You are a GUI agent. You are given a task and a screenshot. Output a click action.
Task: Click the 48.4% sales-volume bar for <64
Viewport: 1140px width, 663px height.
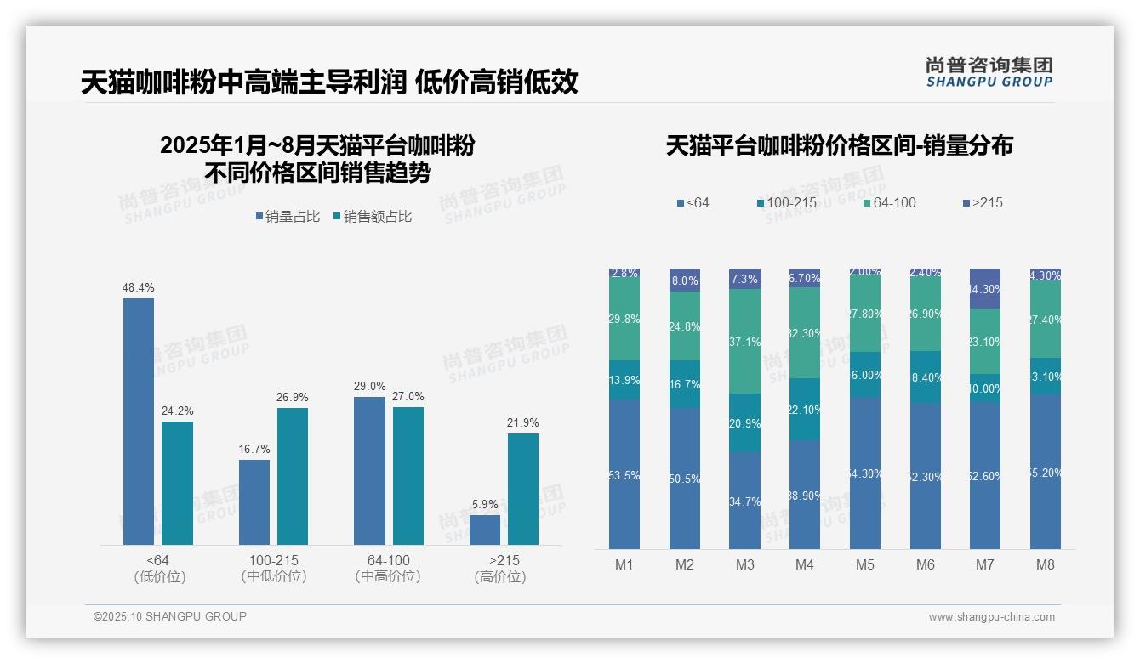[x=139, y=421]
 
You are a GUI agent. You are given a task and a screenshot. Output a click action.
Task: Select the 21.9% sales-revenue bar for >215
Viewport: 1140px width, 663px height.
[x=523, y=489]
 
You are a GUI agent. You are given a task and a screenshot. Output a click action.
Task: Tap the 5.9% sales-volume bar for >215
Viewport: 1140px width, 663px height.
[x=485, y=530]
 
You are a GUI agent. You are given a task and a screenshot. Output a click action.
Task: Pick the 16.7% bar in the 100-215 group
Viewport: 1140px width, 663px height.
[x=254, y=501]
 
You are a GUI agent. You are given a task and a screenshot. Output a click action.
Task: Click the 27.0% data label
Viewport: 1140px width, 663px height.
[x=408, y=397]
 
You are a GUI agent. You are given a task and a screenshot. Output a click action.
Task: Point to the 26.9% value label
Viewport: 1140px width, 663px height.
[x=293, y=398]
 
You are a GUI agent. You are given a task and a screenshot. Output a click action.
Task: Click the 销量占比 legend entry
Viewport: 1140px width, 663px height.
[x=288, y=217]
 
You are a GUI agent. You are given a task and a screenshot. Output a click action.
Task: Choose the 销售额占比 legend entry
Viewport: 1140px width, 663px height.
[x=373, y=217]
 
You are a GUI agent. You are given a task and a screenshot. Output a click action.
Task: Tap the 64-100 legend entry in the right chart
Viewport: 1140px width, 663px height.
[x=889, y=202]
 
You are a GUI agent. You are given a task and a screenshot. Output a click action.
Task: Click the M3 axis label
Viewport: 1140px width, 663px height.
[x=744, y=564]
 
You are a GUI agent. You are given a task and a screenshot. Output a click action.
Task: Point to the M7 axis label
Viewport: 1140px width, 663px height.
[x=985, y=564]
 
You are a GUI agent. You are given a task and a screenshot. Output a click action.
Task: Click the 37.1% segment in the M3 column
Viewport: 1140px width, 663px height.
[x=744, y=341]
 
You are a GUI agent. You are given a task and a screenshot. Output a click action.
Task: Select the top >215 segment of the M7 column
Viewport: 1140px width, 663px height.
[x=985, y=288]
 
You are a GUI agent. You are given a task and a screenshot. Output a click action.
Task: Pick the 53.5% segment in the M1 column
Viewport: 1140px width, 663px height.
[x=624, y=473]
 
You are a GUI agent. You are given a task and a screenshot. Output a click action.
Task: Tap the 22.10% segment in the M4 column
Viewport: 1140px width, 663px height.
[x=805, y=409]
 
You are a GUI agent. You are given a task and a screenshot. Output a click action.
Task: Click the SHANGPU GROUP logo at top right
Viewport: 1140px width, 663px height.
[x=989, y=71]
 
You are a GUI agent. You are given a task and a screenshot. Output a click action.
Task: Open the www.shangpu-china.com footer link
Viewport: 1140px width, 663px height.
[x=991, y=617]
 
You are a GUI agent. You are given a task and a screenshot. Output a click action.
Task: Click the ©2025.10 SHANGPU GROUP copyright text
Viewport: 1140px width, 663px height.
[x=170, y=616]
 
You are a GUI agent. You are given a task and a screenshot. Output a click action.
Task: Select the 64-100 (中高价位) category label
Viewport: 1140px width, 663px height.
[x=388, y=569]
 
